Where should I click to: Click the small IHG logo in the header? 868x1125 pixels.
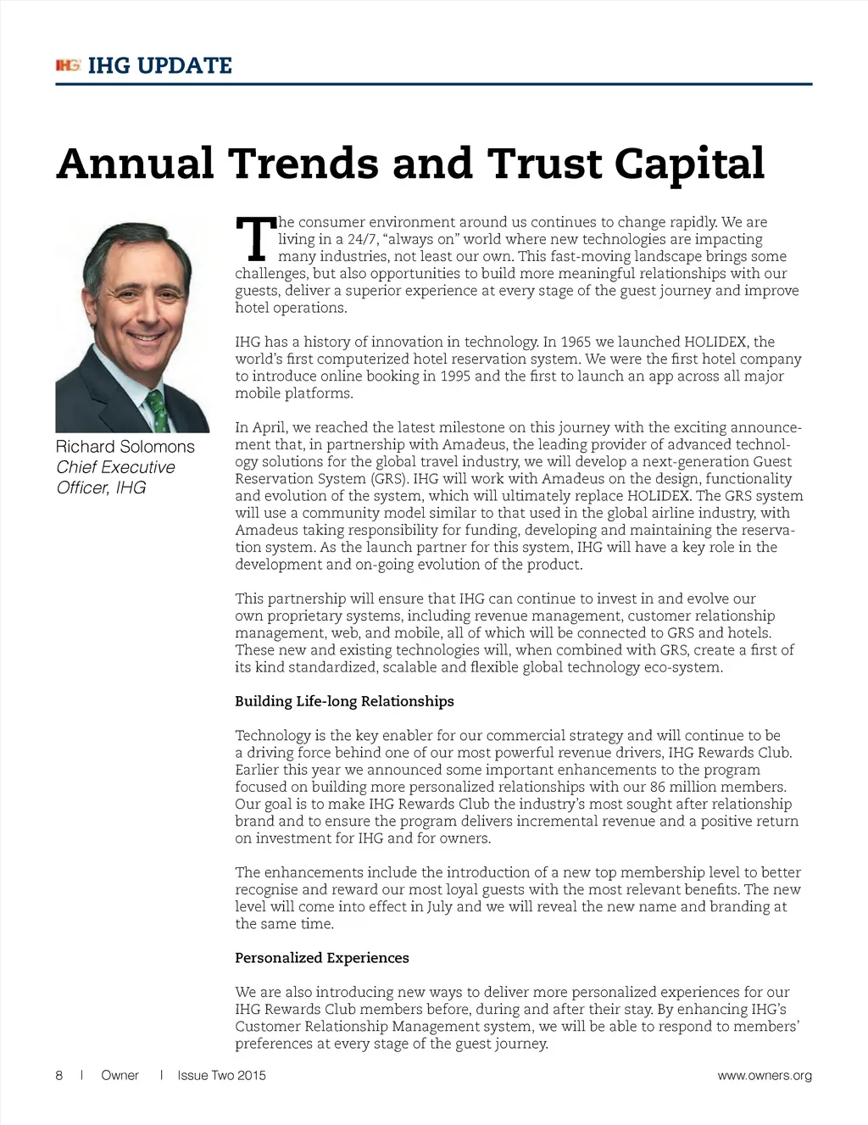pos(68,65)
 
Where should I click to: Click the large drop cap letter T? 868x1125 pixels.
pos(254,240)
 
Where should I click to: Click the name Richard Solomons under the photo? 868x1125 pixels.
pos(125,447)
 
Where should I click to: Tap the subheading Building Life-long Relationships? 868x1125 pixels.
pos(344,701)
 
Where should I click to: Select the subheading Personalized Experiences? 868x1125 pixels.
pos(322,958)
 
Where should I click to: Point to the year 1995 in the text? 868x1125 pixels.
pos(455,376)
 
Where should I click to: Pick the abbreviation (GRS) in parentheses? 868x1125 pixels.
pos(390,478)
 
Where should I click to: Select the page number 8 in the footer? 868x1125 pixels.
pos(59,1075)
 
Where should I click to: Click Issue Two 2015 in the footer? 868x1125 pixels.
pos(221,1075)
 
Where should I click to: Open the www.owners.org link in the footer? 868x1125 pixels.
pos(764,1075)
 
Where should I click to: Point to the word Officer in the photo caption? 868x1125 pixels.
pos(82,487)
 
